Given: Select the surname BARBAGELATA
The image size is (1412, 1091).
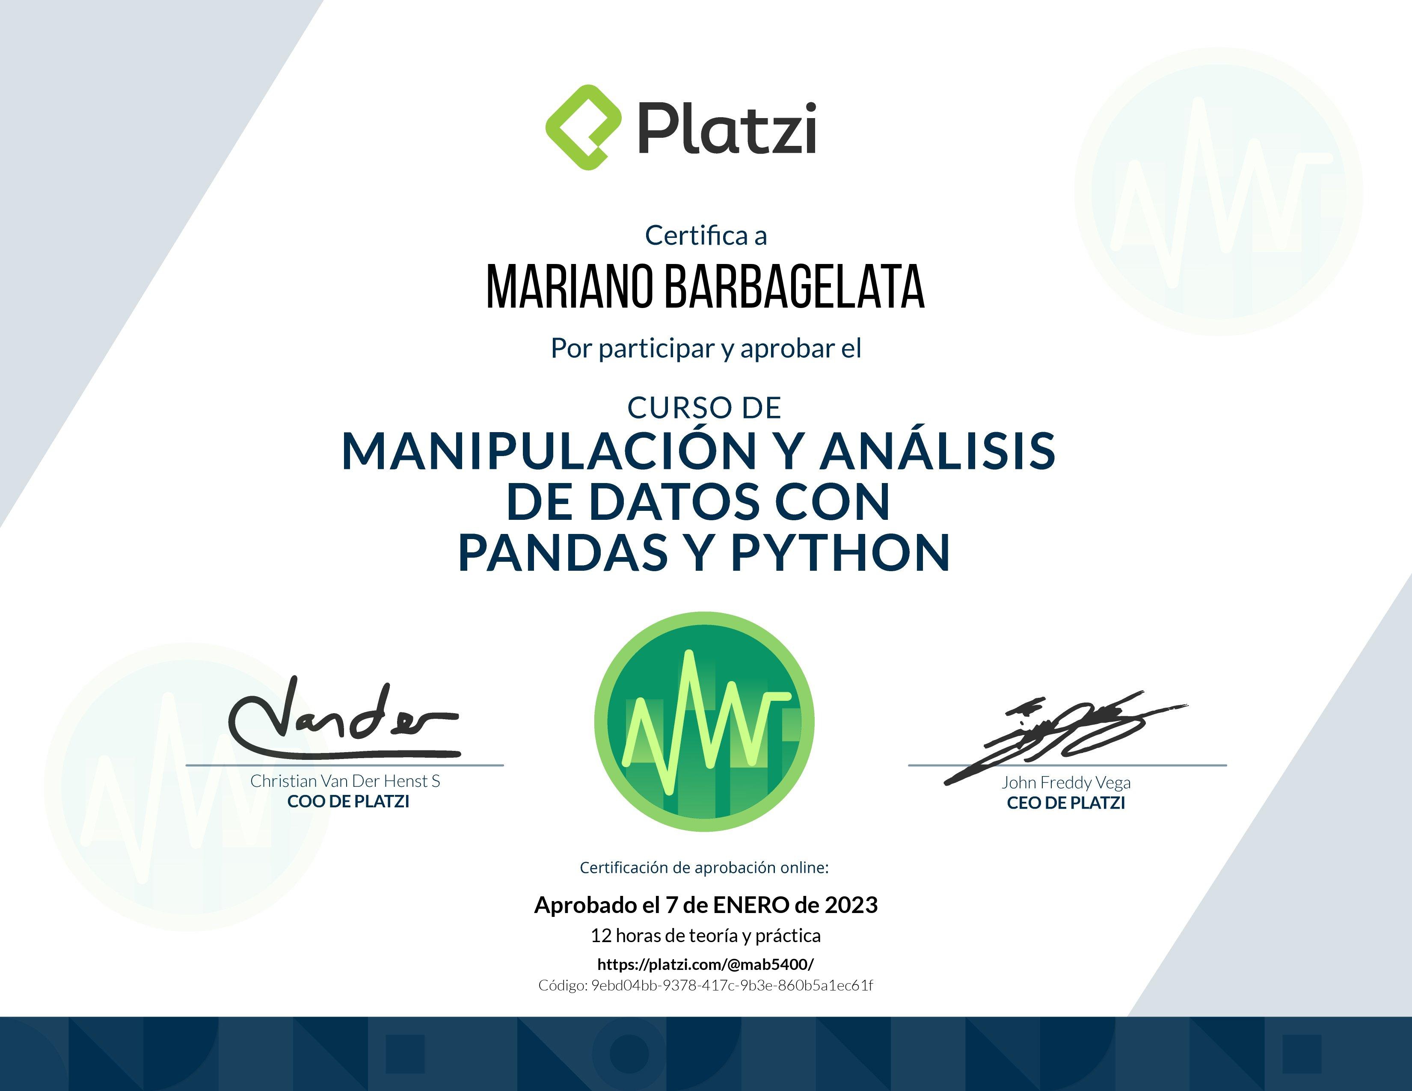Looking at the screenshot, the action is [795, 286].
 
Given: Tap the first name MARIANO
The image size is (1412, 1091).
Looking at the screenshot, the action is [570, 286].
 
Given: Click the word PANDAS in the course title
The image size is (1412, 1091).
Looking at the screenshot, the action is [563, 553].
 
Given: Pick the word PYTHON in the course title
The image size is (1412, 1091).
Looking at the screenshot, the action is [840, 553].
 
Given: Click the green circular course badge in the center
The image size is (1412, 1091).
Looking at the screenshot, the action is [704, 721].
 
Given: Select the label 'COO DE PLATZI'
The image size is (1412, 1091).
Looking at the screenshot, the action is [348, 801].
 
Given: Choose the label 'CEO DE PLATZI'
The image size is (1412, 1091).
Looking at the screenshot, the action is [1066, 803].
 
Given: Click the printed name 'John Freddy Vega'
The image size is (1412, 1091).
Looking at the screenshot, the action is [1066, 783].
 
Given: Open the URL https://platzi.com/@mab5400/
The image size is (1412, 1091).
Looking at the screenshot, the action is [705, 964].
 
